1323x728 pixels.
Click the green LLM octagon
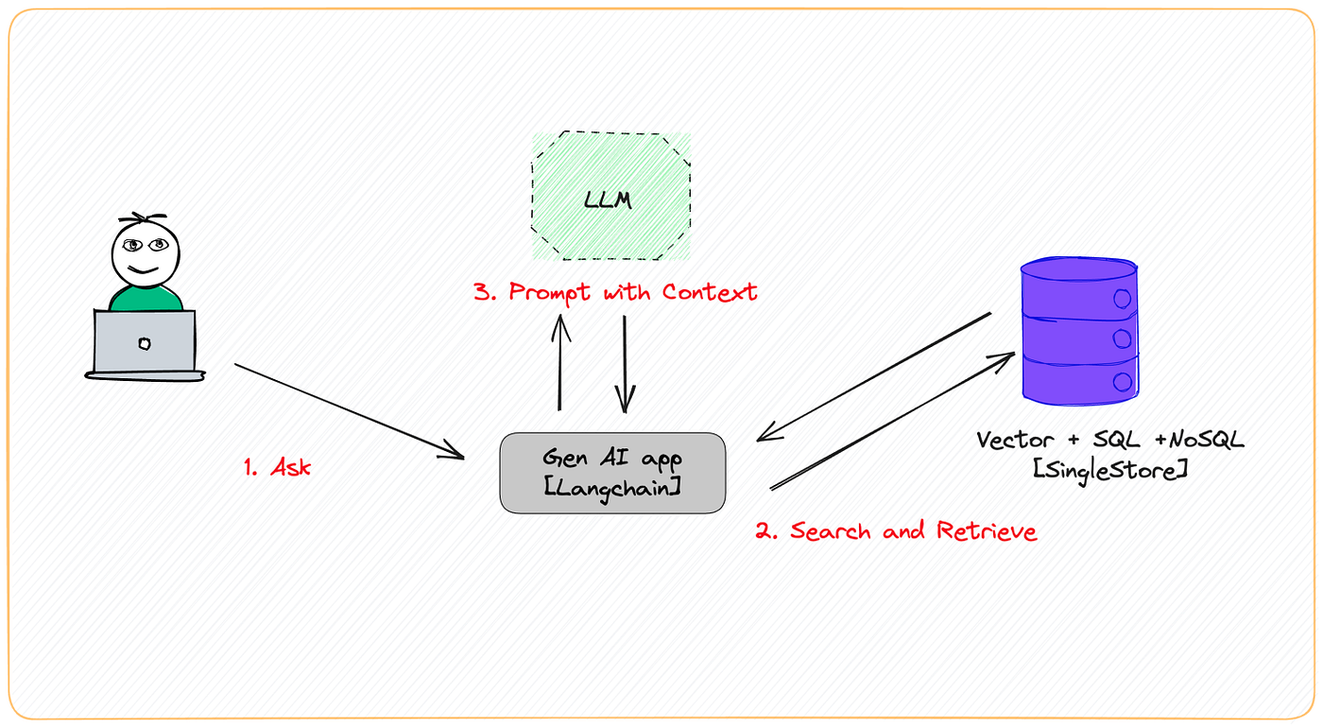pyautogui.click(x=610, y=198)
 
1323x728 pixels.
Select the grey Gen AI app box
pyautogui.click(x=612, y=473)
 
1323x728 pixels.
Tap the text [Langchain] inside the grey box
pyautogui.click(x=612, y=487)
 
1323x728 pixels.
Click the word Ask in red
pyautogui.click(x=291, y=467)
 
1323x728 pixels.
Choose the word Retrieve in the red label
pyautogui.click(x=987, y=531)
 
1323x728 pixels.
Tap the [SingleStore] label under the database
pyautogui.click(x=1109, y=468)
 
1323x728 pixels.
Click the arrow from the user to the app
pyautogui.click(x=349, y=412)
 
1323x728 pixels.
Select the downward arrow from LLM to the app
pyautogui.click(x=625, y=364)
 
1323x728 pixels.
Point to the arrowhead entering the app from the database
pyautogui.click(x=766, y=437)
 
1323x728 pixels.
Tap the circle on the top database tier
pyautogui.click(x=1122, y=299)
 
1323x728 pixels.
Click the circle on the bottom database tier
pyautogui.click(x=1122, y=382)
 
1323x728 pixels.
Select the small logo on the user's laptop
pyautogui.click(x=144, y=343)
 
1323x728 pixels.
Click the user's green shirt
pyautogui.click(x=145, y=299)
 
